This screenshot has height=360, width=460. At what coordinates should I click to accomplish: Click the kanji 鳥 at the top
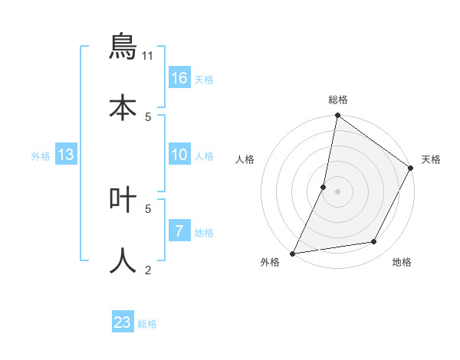tap(123, 47)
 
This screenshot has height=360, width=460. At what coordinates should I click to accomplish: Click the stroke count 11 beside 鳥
tap(148, 55)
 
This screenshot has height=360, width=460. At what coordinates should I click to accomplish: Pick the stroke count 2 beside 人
tap(148, 269)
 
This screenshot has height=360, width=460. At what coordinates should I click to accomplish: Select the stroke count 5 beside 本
tap(148, 116)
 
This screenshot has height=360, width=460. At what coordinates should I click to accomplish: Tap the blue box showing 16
tap(179, 78)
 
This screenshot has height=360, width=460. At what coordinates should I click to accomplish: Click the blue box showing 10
tap(179, 155)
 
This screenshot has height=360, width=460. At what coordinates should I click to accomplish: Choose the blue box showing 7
tap(179, 231)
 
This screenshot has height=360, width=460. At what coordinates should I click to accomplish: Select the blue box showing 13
tap(66, 155)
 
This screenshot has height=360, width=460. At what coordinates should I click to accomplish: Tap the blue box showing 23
tap(123, 322)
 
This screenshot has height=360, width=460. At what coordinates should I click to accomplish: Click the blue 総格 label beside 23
tap(147, 324)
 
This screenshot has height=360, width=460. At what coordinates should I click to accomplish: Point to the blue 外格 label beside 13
tap(41, 156)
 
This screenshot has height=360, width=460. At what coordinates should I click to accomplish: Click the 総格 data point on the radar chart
tap(337, 116)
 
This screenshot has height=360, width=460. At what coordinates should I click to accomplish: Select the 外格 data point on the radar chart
tap(293, 253)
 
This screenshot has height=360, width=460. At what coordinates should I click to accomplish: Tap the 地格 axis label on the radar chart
tap(402, 263)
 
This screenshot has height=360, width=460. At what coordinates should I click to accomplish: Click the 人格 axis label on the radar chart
tap(245, 159)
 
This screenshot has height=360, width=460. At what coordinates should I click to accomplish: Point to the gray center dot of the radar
tap(337, 191)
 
